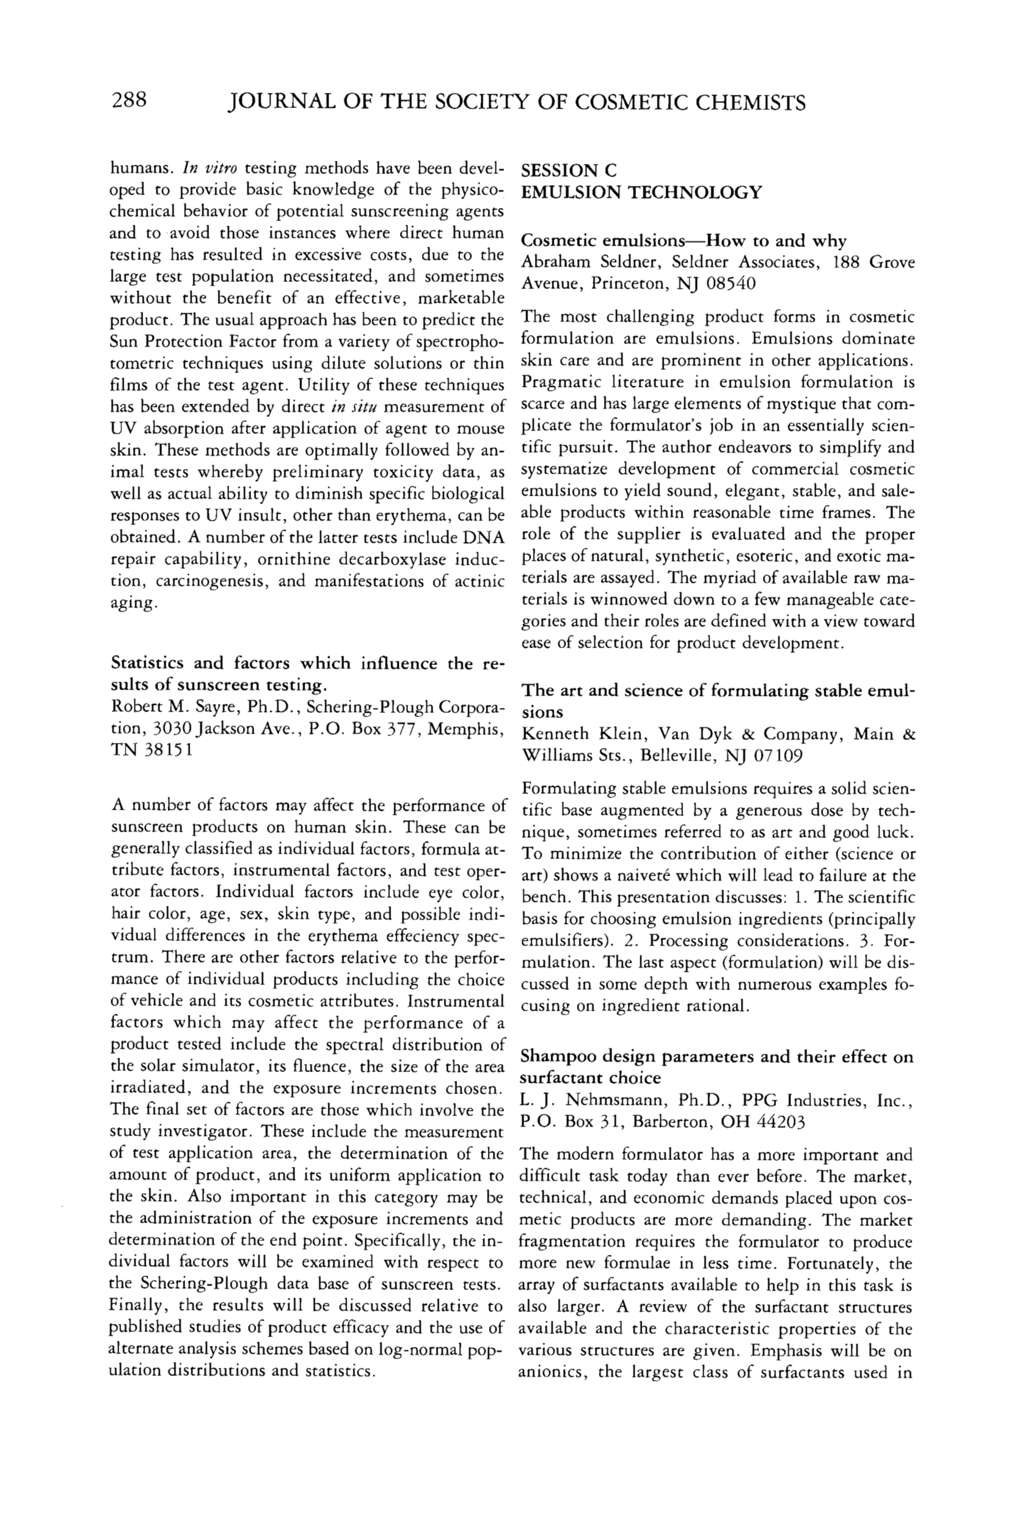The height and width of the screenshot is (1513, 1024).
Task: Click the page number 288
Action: (130, 101)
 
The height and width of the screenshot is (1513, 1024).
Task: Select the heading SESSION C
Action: (569, 171)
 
